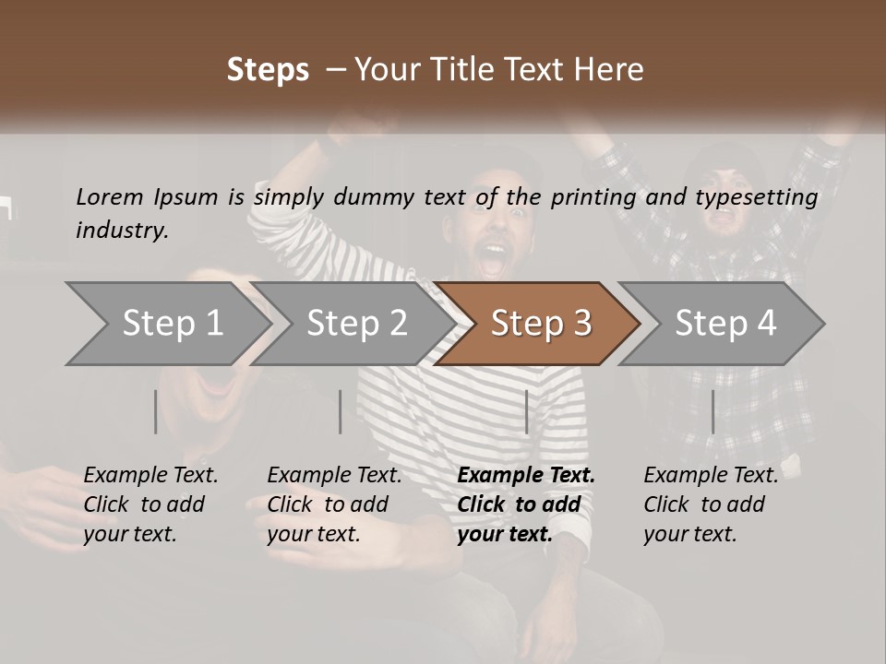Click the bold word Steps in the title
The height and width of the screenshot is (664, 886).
pyautogui.click(x=268, y=70)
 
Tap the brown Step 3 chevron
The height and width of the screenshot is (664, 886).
pyautogui.click(x=540, y=324)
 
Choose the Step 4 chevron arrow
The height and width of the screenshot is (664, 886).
pyautogui.click(x=724, y=324)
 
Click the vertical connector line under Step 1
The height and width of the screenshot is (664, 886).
pyautogui.click(x=156, y=411)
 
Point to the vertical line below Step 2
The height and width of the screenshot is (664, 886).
pyautogui.click(x=341, y=411)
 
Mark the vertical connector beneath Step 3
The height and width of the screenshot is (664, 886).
pyautogui.click(x=527, y=411)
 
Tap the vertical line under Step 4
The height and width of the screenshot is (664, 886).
pyautogui.click(x=713, y=411)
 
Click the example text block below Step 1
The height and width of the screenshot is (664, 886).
pyautogui.click(x=150, y=504)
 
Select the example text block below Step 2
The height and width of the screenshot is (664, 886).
pyautogui.click(x=334, y=504)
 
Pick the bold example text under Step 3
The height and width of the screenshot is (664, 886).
pyautogui.click(x=526, y=504)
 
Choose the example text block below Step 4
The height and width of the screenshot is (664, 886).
pyautogui.click(x=711, y=504)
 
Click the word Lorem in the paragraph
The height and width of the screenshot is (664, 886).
pyautogui.click(x=109, y=197)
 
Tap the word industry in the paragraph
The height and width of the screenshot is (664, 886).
pyautogui.click(x=121, y=231)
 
